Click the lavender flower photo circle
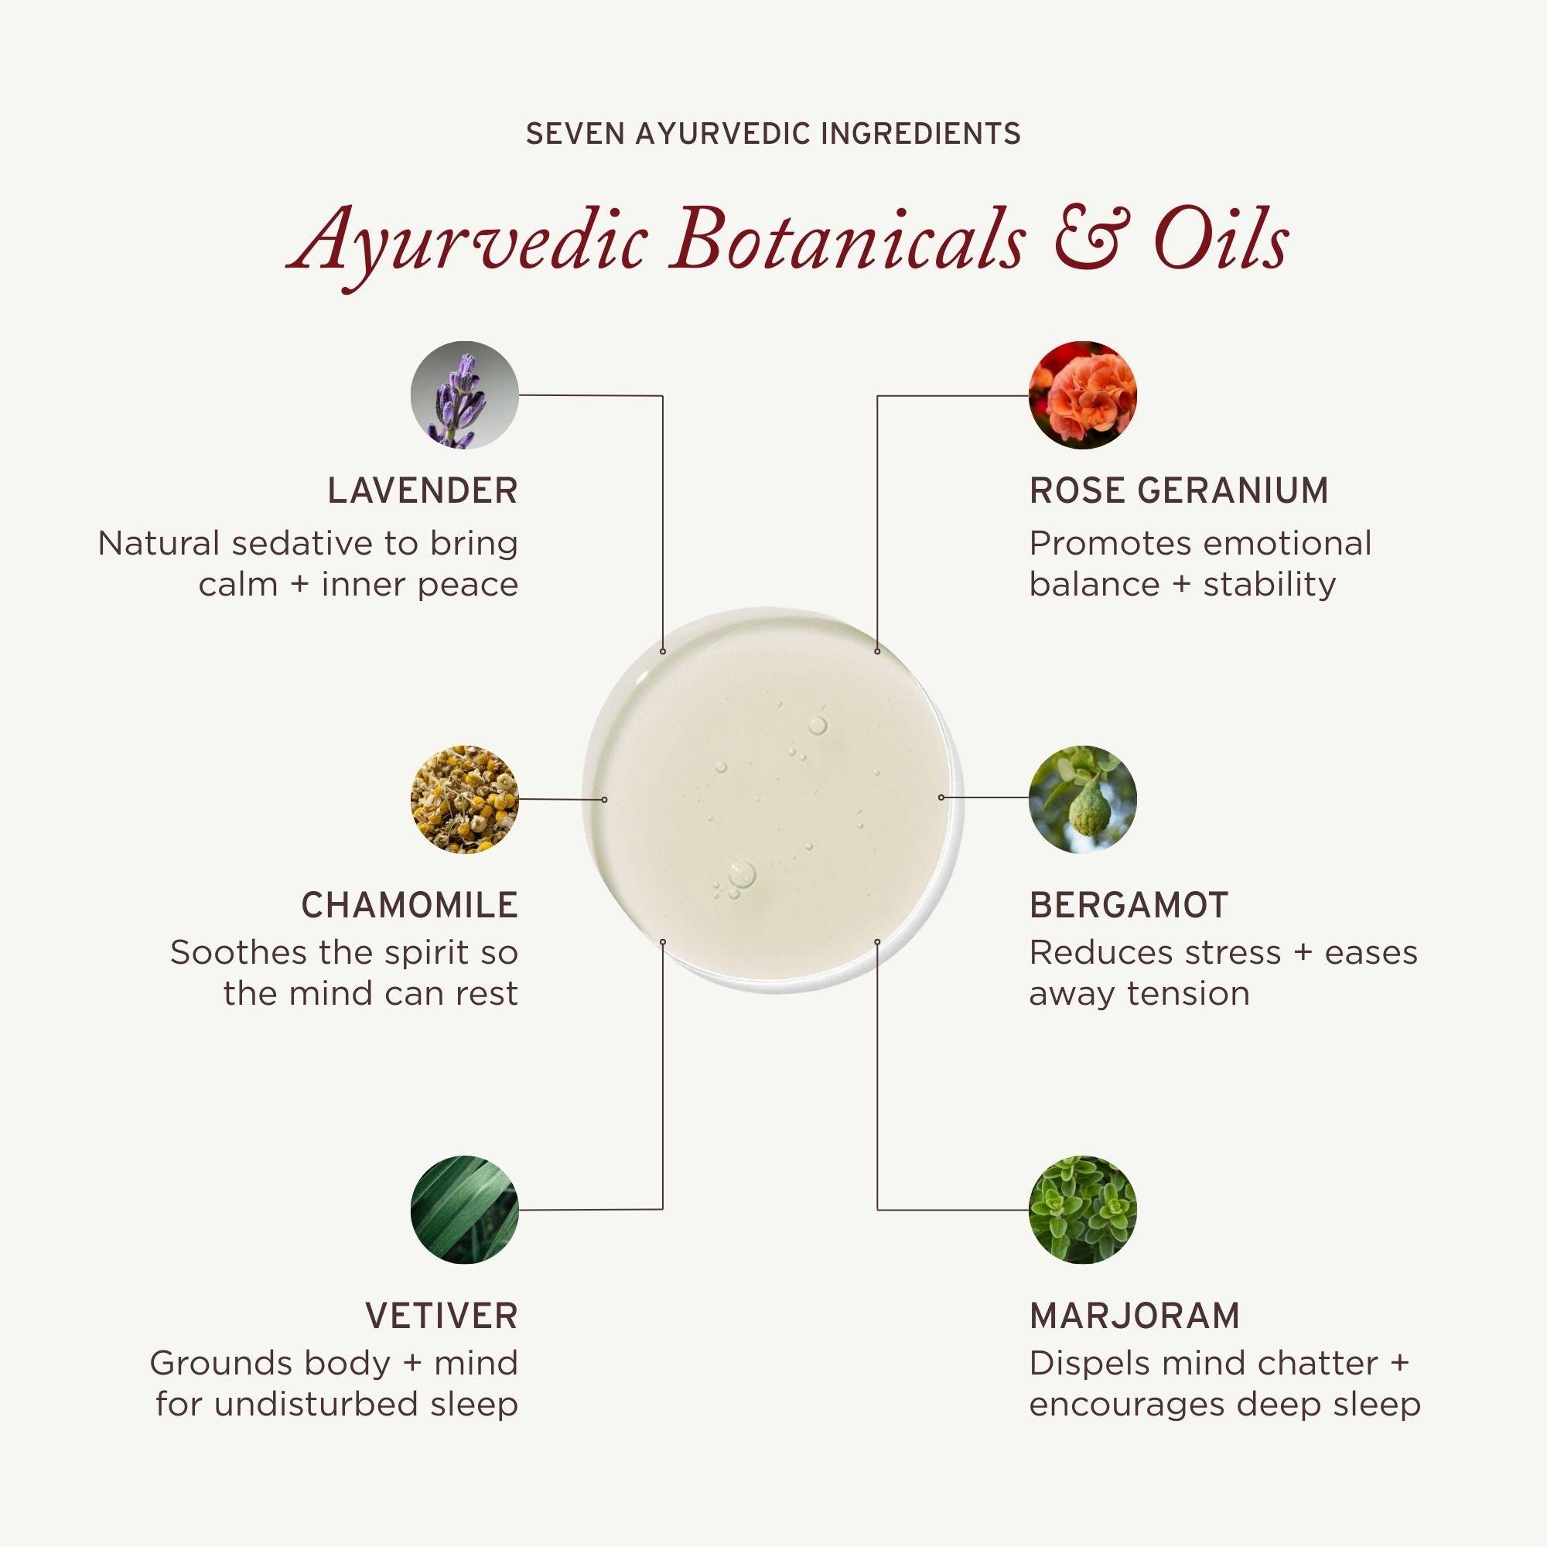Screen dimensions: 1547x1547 464,394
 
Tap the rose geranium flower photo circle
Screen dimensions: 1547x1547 1083,394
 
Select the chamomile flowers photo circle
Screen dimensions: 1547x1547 464,799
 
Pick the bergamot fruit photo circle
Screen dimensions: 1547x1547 1083,799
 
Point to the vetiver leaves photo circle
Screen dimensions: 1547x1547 464,1209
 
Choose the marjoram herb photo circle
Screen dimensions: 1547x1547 1083,1209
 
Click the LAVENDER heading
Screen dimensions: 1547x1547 423,491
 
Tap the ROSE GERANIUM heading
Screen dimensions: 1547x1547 1179,491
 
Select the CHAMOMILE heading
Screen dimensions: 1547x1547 410,905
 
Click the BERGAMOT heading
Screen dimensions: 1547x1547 1129,905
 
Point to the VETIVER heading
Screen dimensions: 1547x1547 442,1316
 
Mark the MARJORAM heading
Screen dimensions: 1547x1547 1135,1316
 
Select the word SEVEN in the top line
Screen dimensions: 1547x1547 574,134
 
